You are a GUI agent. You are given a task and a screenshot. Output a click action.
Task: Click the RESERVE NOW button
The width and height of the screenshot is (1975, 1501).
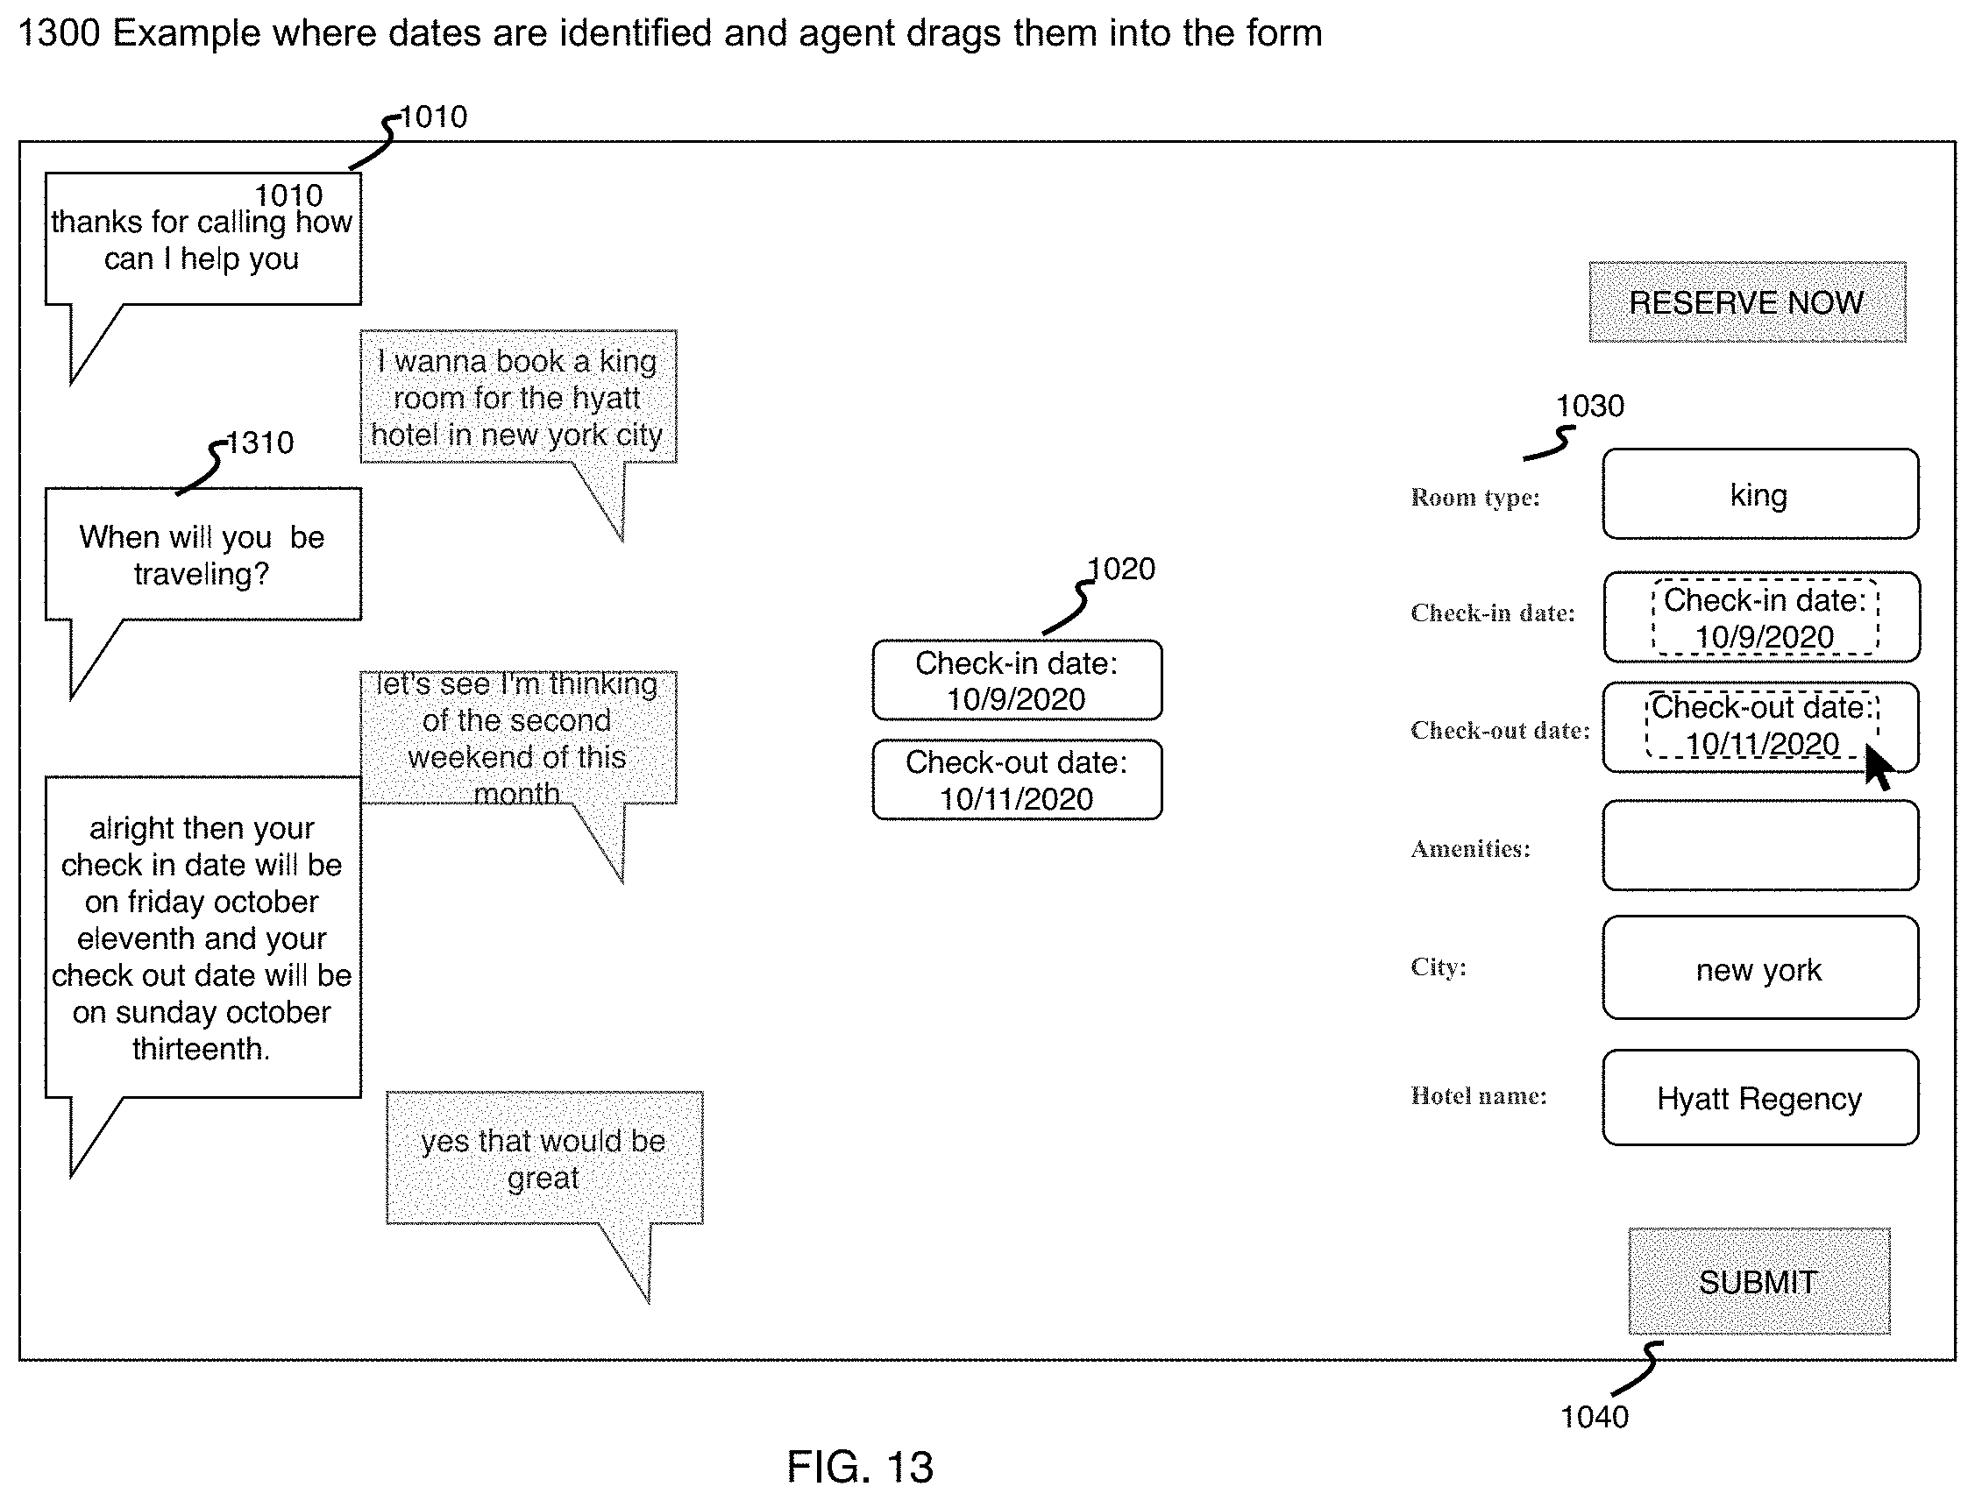coord(1746,302)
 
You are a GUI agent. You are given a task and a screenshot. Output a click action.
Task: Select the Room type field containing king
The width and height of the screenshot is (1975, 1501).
coord(1759,494)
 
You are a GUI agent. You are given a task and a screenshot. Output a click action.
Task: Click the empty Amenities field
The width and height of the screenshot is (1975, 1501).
coord(1759,846)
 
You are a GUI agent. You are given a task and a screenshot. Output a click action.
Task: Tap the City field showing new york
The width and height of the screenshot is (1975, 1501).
coord(1759,967)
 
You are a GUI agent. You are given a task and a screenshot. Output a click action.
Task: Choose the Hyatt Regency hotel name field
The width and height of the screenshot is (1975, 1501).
coord(1759,1097)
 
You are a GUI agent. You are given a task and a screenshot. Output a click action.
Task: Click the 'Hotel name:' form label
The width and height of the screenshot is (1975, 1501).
coord(1478,1096)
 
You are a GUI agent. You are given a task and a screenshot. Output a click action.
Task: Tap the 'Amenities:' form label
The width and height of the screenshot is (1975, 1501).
coord(1470,849)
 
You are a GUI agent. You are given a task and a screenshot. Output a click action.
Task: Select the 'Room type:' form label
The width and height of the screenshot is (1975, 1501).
coord(1474,498)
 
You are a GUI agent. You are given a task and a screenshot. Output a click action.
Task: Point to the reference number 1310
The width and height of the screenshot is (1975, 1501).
coord(259,443)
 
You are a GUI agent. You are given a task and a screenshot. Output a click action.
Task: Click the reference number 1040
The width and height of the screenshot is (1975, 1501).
coord(1594,1417)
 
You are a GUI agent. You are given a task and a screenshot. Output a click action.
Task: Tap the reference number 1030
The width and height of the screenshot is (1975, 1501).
coord(1590,407)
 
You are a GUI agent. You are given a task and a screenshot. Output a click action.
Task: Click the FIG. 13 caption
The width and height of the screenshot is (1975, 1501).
coord(860,1467)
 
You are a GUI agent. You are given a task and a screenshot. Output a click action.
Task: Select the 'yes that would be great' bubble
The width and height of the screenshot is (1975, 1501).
coord(544,1158)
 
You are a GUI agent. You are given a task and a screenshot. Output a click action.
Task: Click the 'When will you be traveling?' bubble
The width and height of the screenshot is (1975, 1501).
coord(202,554)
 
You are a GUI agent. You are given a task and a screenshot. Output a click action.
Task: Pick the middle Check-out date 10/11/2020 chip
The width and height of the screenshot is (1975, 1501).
coord(1017,780)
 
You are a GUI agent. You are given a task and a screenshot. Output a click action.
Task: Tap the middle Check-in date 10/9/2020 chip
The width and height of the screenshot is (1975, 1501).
coord(1017,681)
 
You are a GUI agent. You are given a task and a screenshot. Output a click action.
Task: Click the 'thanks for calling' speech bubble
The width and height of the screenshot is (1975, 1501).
coord(202,239)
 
